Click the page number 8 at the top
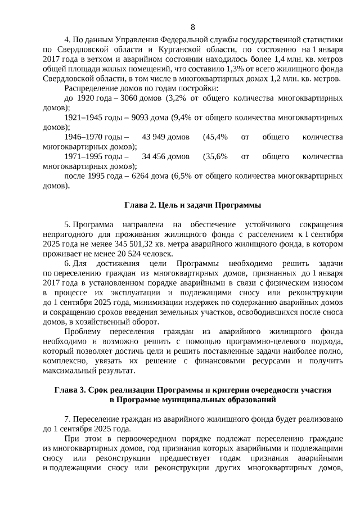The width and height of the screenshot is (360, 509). pos(193,27)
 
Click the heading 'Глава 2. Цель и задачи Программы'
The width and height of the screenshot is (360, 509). pos(193,204)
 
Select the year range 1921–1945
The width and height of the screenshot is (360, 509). pos(84,118)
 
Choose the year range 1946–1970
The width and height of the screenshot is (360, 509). pos(84,137)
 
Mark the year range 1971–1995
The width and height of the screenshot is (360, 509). pos(84,156)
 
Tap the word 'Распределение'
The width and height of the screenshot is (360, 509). pos(93,88)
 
